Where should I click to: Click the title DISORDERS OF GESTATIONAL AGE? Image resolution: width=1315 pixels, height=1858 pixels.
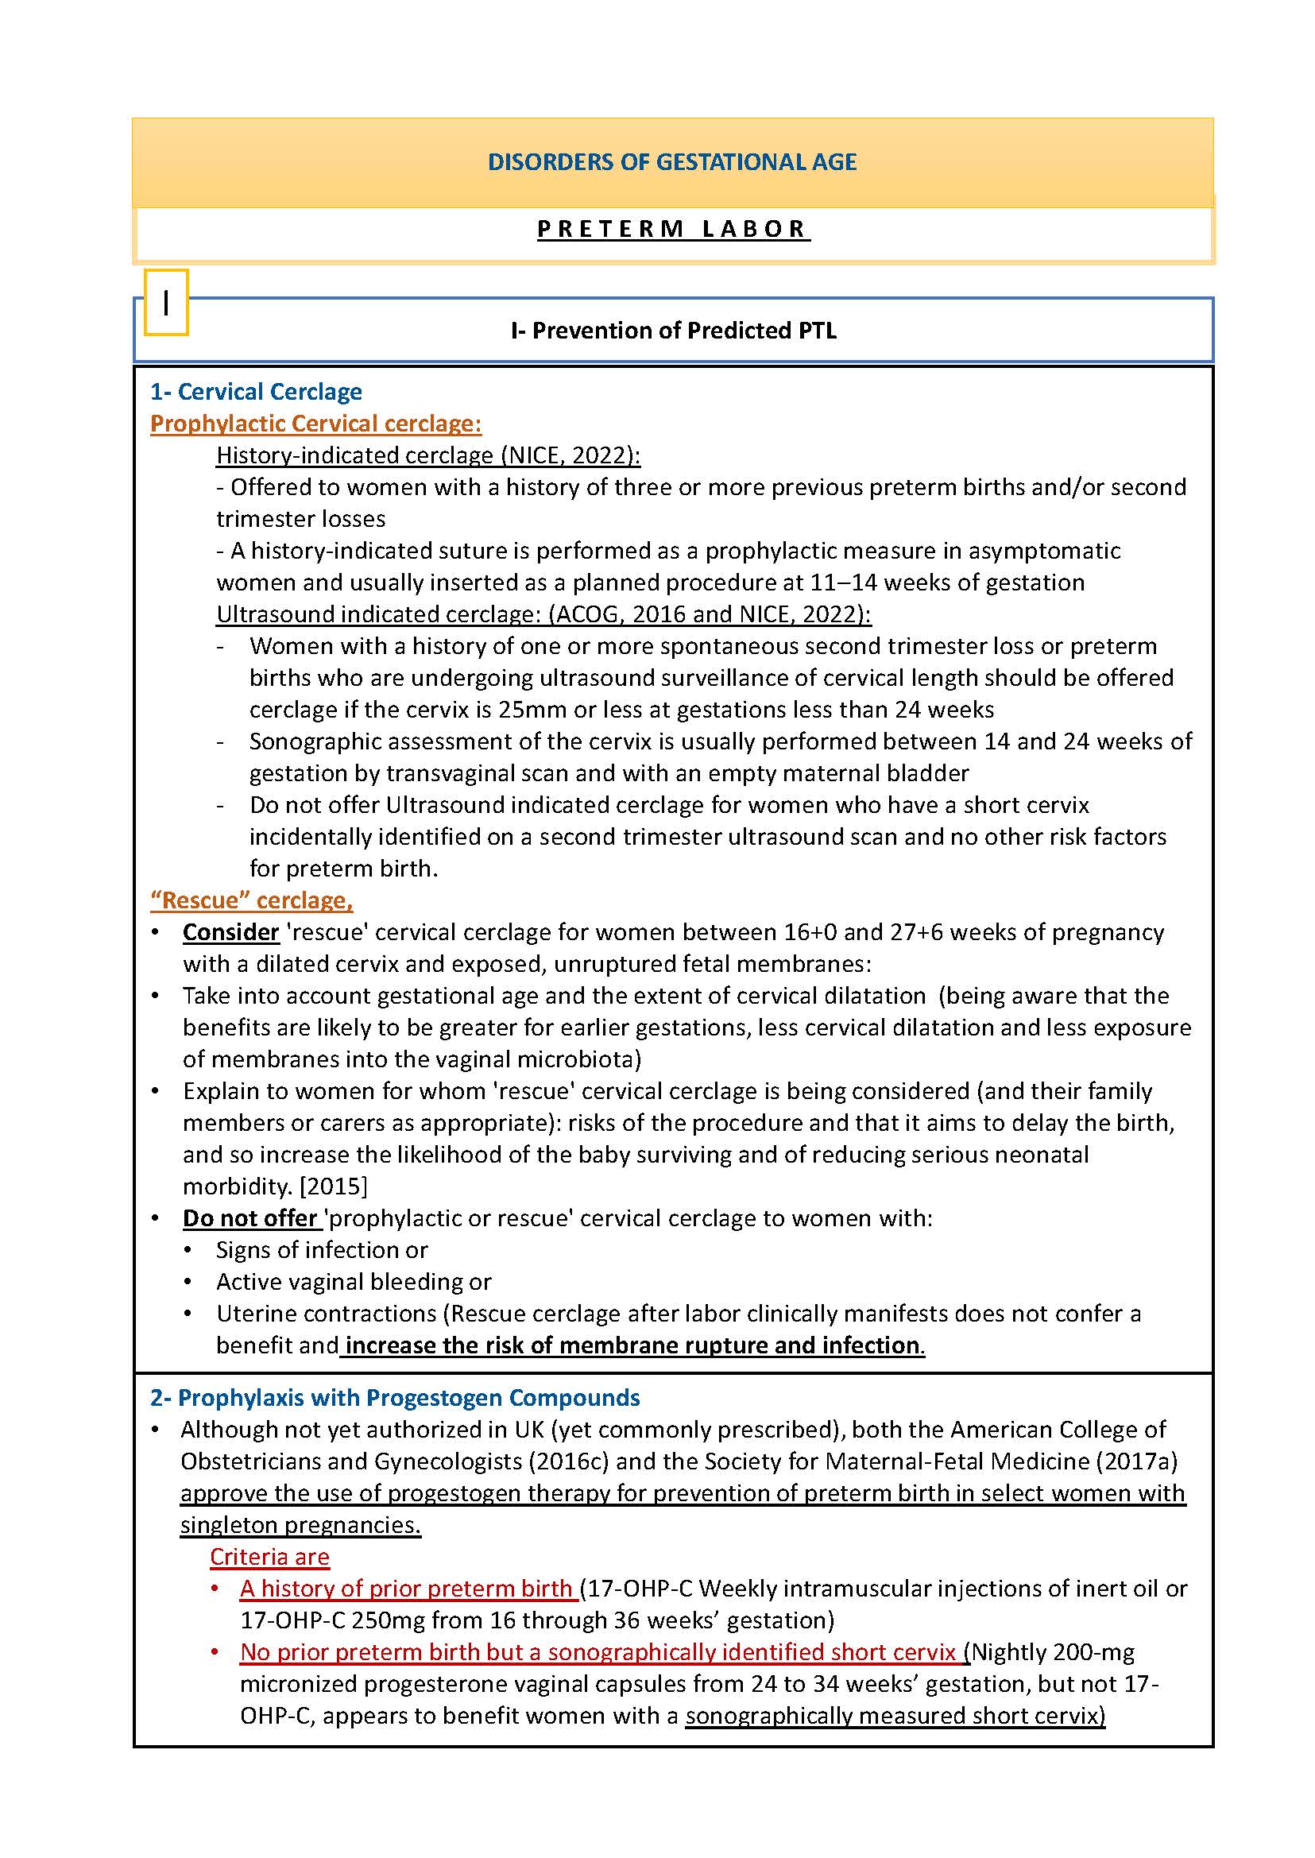pos(671,162)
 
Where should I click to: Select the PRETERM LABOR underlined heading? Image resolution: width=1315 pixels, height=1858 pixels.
pos(673,229)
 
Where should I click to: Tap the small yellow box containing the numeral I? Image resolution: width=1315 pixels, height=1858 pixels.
pos(166,302)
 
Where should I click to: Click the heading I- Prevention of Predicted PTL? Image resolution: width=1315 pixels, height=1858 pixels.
pos(673,331)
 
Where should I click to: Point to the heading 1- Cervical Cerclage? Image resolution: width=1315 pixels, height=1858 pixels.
pos(256,392)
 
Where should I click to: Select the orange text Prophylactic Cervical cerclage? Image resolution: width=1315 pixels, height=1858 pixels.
pos(315,424)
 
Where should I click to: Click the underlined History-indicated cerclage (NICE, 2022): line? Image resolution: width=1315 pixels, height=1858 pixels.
pos(427,455)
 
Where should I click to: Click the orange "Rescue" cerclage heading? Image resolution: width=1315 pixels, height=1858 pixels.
pos(251,900)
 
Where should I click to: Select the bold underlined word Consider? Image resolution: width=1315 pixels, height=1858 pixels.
pos(230,932)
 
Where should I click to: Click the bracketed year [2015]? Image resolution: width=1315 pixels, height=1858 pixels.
pos(333,1186)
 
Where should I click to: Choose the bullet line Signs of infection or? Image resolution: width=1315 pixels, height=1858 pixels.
pos(322,1250)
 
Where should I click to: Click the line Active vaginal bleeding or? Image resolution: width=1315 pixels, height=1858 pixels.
pos(353,1281)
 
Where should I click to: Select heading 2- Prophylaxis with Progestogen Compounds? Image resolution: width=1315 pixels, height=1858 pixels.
pos(394,1398)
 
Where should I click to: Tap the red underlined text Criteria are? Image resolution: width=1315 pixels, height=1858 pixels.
pos(269,1557)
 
